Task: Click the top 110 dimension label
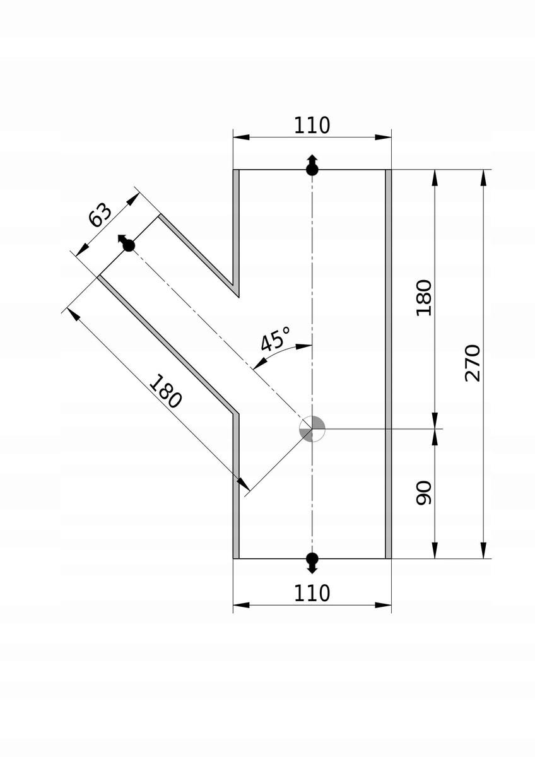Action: pyautogui.click(x=312, y=126)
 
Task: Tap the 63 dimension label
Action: pyautogui.click(x=100, y=214)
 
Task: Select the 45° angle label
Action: pyautogui.click(x=276, y=338)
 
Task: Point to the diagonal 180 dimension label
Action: pyautogui.click(x=165, y=391)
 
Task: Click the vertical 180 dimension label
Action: pyautogui.click(x=424, y=298)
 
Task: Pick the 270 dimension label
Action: pyautogui.click(x=473, y=363)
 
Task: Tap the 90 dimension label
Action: pyautogui.click(x=424, y=493)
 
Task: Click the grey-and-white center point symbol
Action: pyautogui.click(x=312, y=429)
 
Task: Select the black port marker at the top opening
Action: pyautogui.click(x=312, y=165)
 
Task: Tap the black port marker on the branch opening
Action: pyautogui.click(x=126, y=243)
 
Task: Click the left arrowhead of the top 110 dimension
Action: pyautogui.click(x=241, y=138)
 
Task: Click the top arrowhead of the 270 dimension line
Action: pyautogui.click(x=484, y=178)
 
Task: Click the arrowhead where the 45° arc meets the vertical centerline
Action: pyautogui.click(x=304, y=346)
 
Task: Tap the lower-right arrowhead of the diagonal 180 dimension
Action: pyautogui.click(x=244, y=484)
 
